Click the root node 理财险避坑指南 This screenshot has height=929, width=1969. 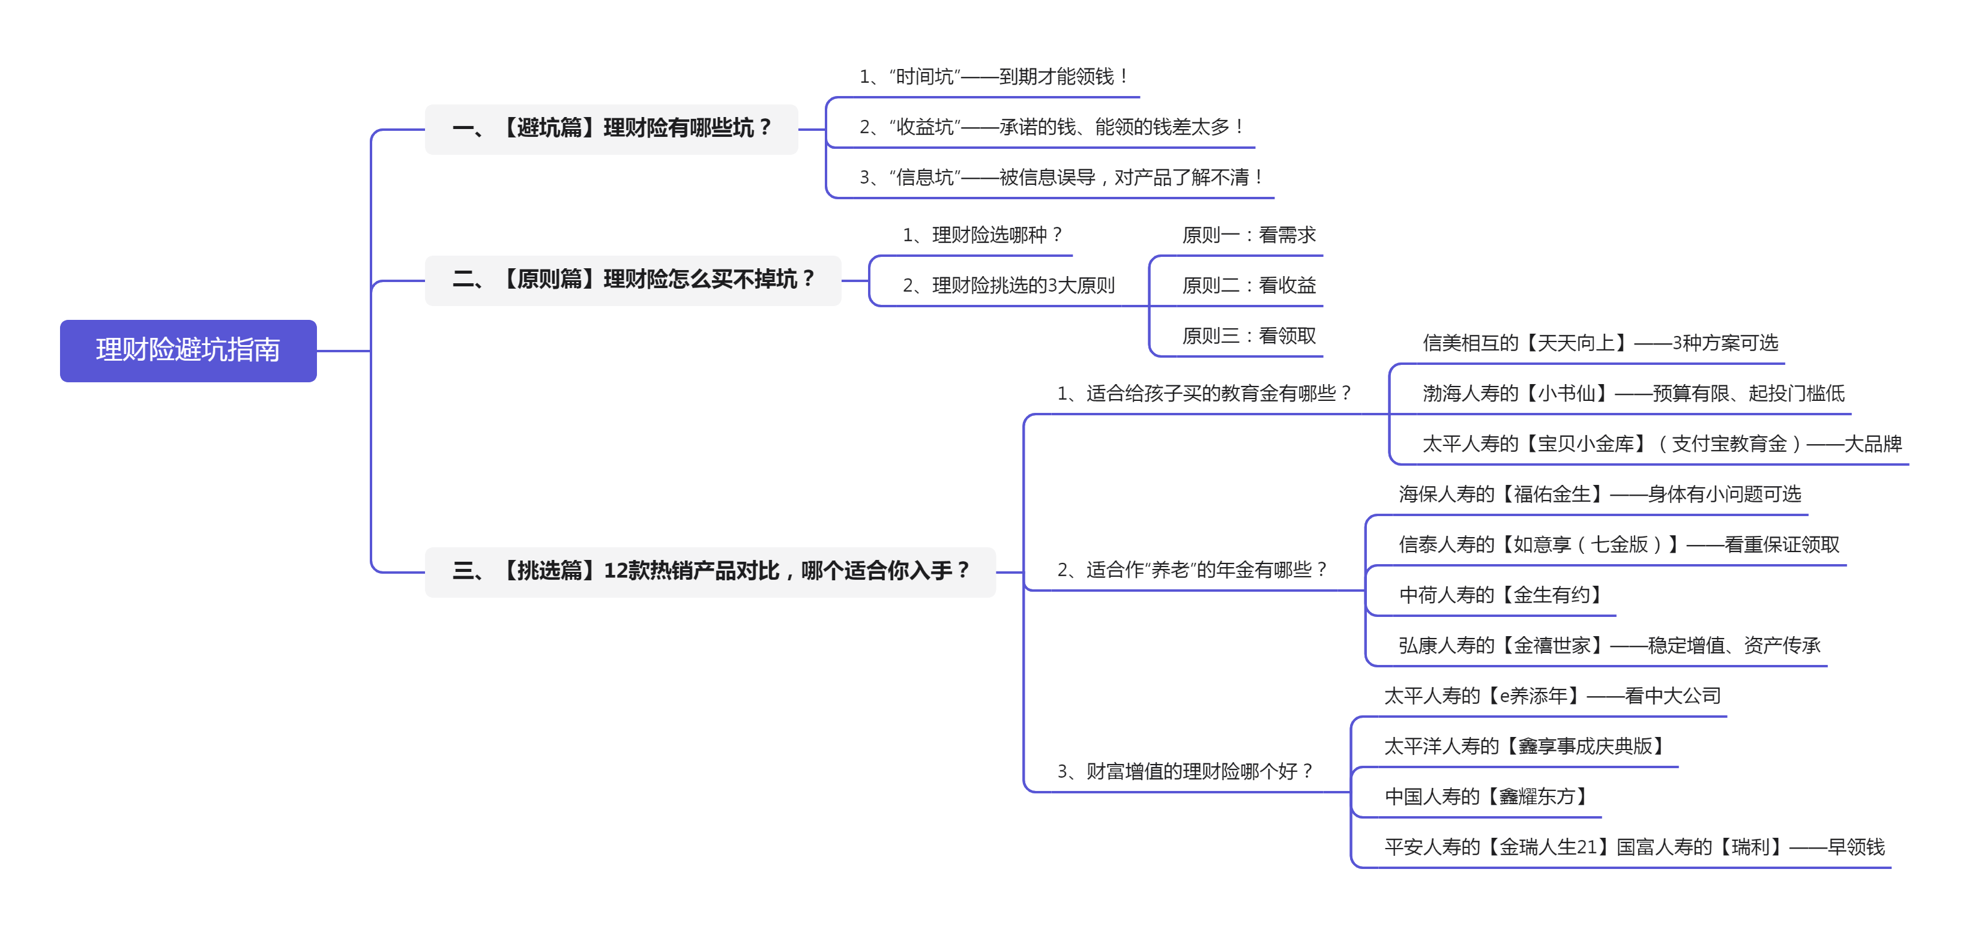[188, 350]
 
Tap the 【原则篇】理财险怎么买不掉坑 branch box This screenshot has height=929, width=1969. [632, 280]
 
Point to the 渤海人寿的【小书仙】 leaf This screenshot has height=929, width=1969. [1633, 394]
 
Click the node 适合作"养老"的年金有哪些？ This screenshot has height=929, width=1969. [1192, 571]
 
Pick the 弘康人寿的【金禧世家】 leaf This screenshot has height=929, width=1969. [1609, 646]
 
